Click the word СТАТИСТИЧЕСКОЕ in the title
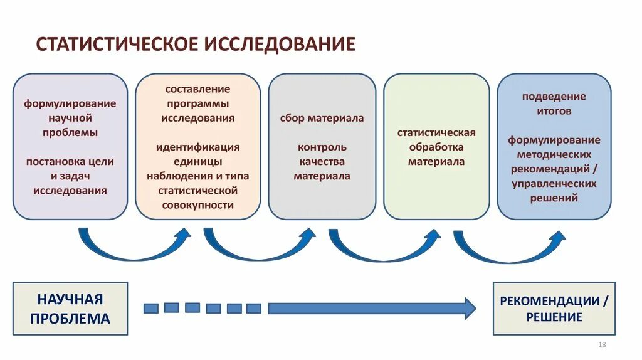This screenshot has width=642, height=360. click(117, 44)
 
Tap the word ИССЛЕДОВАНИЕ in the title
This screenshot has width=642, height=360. click(278, 44)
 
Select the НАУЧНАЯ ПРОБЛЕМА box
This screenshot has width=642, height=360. click(70, 309)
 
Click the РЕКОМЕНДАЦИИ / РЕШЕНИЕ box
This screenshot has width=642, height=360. click(554, 309)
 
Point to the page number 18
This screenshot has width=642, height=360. click(603, 346)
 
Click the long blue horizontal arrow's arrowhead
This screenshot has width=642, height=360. click(469, 307)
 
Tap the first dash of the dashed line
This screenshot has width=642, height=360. click(151, 308)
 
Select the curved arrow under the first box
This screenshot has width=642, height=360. click(135, 248)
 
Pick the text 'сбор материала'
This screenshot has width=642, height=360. click(322, 118)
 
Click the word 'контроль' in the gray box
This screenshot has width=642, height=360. click(322, 147)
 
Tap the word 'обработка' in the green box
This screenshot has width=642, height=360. click(436, 147)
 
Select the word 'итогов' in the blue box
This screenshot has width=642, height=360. click(554, 111)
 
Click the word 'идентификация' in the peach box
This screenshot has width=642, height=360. click(197, 147)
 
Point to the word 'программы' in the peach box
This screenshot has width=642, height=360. click(197, 103)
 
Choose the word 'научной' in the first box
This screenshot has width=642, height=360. click(70, 118)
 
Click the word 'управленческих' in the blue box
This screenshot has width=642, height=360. click(554, 183)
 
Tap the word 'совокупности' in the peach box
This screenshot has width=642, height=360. click(197, 204)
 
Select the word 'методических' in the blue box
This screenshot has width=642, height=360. click(554, 154)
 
